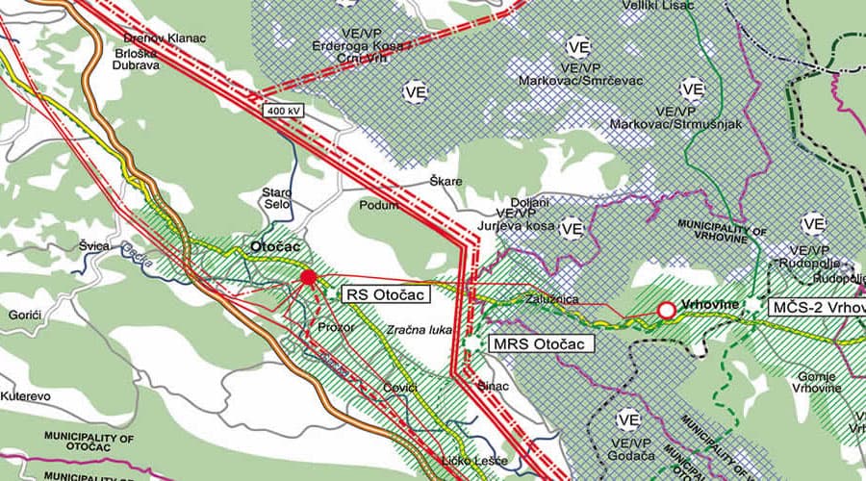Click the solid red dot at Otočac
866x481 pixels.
click(x=308, y=278)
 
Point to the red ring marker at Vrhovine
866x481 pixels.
click(x=665, y=310)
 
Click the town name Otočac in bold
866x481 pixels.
click(x=276, y=246)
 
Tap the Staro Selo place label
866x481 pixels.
click(x=276, y=199)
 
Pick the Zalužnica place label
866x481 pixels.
click(x=551, y=299)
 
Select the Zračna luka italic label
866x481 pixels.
click(x=419, y=330)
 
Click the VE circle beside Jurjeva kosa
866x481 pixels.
click(x=572, y=228)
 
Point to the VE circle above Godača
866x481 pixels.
click(x=628, y=419)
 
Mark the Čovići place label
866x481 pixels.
click(x=399, y=387)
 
